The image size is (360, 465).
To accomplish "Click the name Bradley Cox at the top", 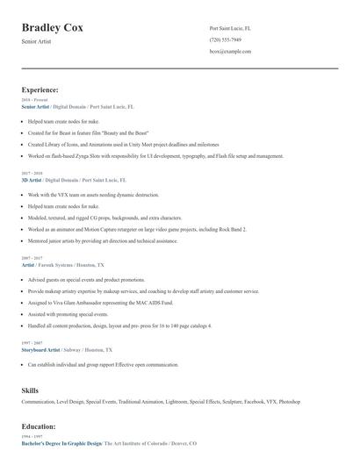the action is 53,28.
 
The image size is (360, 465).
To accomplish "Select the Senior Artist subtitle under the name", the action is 37,42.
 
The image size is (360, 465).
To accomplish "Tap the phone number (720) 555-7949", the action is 226,39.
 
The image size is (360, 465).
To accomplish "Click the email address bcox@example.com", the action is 230,52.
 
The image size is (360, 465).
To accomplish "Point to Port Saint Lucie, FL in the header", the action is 230,28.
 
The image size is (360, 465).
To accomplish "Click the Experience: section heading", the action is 40,89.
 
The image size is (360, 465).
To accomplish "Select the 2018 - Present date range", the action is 33,100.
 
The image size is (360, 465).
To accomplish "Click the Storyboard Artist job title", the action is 41,349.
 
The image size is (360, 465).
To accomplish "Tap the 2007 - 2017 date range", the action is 31,258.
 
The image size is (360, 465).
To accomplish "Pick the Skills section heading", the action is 30,389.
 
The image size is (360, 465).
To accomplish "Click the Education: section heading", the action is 39,426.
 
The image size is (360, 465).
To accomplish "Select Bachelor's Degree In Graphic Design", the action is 61,444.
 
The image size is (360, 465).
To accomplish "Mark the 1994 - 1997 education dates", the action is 31,437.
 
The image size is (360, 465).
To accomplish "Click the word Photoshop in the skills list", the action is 290,402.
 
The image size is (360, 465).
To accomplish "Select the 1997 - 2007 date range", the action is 31,343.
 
